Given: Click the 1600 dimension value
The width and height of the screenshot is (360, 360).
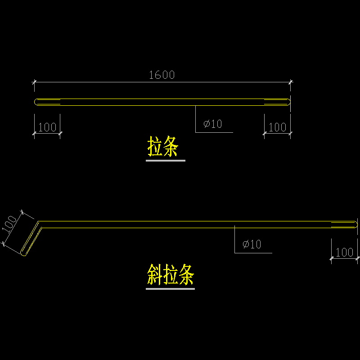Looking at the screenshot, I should pyautogui.click(x=162, y=75).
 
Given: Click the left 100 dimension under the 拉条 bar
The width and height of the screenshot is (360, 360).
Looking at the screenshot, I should pyautogui.click(x=47, y=127).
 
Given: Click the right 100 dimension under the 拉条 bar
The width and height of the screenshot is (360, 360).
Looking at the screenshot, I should pyautogui.click(x=277, y=127).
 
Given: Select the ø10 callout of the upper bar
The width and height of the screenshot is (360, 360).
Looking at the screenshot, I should pyautogui.click(x=213, y=124).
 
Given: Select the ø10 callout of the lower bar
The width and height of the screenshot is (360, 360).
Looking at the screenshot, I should pyautogui.click(x=252, y=244).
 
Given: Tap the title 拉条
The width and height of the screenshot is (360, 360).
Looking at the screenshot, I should pyautogui.click(x=163, y=147).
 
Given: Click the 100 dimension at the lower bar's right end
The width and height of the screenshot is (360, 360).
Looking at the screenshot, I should pyautogui.click(x=345, y=252).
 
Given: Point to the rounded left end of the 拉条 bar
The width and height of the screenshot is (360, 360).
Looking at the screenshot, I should pyautogui.click(x=36, y=102).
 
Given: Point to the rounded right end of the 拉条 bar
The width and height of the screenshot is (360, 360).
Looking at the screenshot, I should pyautogui.click(x=288, y=102).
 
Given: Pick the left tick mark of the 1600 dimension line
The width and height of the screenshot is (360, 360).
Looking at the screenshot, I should pyautogui.click(x=34, y=82).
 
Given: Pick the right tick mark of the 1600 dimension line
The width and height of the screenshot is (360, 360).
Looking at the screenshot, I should pyautogui.click(x=291, y=82).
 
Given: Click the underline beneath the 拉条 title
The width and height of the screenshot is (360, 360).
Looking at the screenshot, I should pyautogui.click(x=165, y=160).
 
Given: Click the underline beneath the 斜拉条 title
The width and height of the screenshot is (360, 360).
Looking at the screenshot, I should pyautogui.click(x=170, y=288).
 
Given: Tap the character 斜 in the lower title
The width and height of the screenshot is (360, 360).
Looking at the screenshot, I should pyautogui.click(x=154, y=274).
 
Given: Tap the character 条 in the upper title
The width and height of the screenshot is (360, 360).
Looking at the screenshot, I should pyautogui.click(x=171, y=147).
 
